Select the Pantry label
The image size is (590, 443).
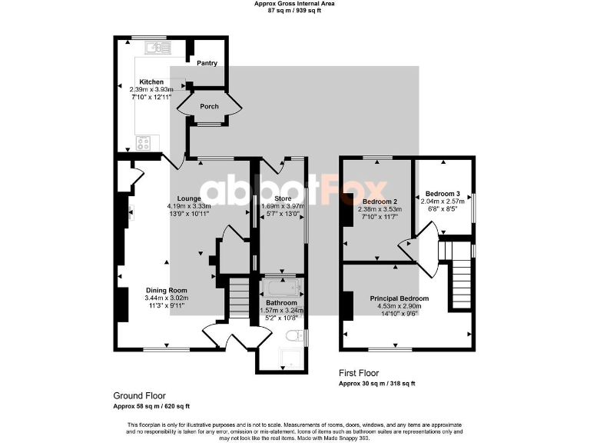207,63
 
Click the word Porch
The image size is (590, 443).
209,106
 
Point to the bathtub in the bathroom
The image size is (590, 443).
282,289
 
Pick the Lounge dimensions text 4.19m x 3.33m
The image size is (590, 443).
188,206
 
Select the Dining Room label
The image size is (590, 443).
167,290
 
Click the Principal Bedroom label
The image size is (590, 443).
399,298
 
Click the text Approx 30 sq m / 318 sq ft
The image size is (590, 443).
377,383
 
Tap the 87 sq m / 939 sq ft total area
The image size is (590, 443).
294,11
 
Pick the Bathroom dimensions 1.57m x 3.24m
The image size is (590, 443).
281,310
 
